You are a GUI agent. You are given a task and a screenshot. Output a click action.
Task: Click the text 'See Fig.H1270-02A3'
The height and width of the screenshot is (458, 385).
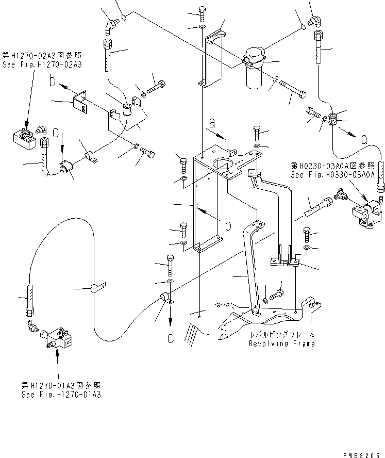(x=42, y=64)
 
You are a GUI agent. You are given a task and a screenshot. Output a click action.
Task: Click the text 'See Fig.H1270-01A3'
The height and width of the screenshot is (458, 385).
(x=61, y=394)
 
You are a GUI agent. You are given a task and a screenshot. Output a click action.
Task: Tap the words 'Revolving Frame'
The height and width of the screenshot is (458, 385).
(x=281, y=343)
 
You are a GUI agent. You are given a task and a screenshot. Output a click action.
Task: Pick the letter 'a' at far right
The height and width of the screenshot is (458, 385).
(x=365, y=138)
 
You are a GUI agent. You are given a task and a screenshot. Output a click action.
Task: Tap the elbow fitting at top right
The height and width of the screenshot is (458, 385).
(x=315, y=19)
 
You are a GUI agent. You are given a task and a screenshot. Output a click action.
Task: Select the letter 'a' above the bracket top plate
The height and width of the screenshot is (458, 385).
(x=212, y=123)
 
